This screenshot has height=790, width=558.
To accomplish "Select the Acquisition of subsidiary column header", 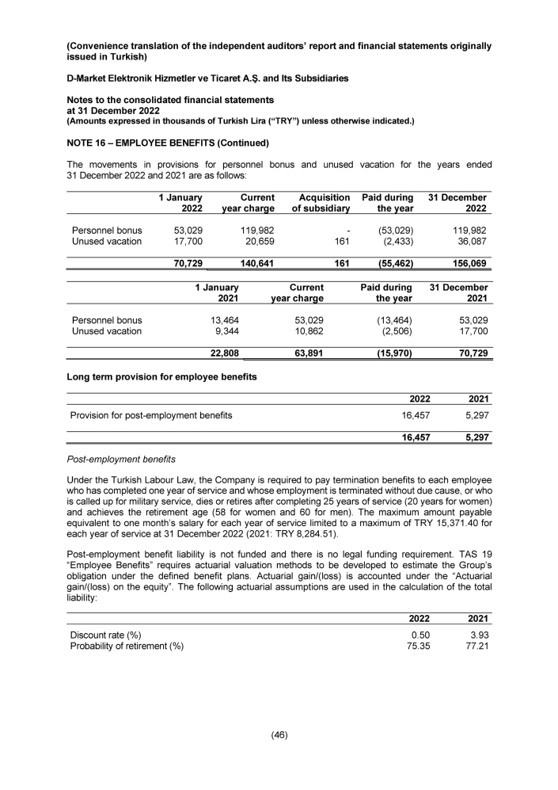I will tap(321, 203).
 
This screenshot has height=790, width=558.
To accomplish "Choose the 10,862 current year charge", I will tap(307, 331).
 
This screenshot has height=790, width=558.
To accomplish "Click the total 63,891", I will tap(307, 354).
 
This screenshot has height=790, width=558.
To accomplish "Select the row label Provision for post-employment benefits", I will tap(151, 414).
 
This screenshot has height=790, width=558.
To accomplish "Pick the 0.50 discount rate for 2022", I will tap(419, 635).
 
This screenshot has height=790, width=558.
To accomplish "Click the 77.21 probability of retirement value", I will tap(476, 647).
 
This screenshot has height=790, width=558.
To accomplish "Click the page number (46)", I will tap(279, 735).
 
